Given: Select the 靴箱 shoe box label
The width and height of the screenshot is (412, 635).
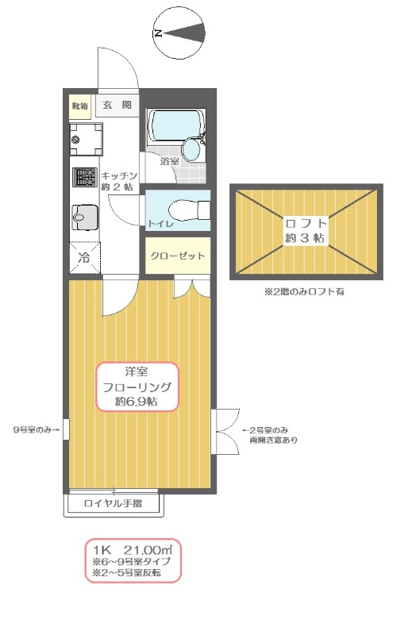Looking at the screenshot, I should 79,106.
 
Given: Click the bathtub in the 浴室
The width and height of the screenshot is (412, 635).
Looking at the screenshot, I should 175,125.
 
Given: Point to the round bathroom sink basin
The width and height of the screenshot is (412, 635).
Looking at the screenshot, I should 192,148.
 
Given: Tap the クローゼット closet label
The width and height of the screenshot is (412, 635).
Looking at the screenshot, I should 178,256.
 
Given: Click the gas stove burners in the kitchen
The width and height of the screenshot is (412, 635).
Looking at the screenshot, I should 83,179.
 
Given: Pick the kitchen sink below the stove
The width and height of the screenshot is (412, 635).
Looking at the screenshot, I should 83,215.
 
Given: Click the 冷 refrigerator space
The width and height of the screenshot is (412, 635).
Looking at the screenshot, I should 83,256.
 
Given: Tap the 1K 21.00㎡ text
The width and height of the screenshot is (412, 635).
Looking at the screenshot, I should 132,550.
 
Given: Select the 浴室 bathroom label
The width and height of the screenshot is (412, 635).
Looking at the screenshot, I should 169,161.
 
